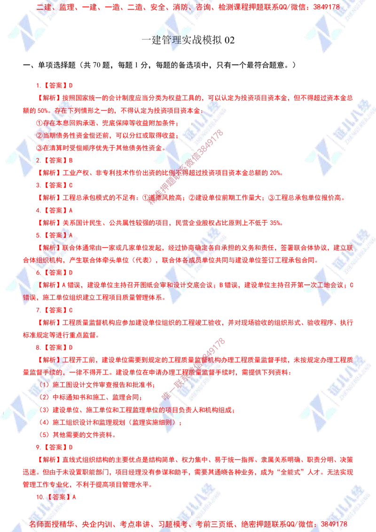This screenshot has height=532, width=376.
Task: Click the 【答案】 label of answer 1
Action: (56, 86)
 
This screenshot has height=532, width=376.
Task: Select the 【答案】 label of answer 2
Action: (56, 160)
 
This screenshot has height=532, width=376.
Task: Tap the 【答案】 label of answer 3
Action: (56, 185)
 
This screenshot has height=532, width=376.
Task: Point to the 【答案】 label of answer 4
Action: (56, 210)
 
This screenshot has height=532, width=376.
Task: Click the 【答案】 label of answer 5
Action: (56, 234)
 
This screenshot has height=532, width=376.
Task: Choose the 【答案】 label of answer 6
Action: (56, 272)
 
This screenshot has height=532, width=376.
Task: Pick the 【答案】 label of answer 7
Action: (56, 310)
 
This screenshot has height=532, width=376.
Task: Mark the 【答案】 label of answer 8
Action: (56, 347)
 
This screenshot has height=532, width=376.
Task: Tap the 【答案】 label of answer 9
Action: (56, 446)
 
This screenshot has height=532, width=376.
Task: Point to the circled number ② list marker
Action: (39, 135)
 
